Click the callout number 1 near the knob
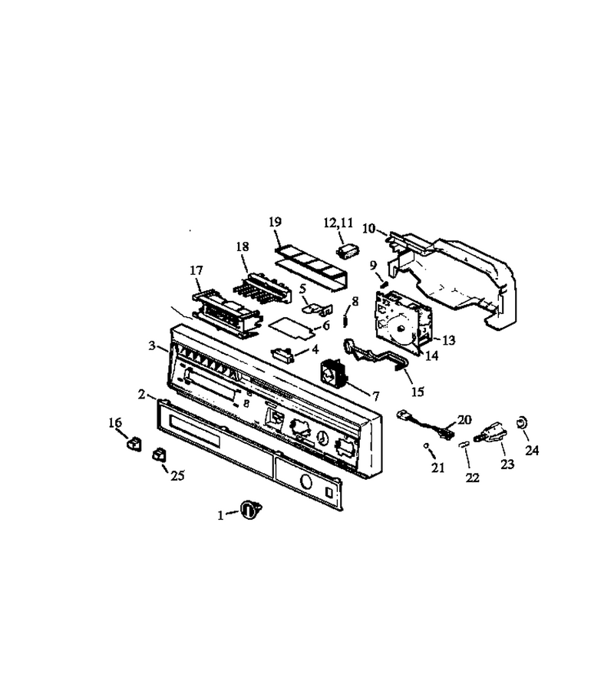(221, 515)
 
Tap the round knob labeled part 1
(251, 510)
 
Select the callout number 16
(115, 422)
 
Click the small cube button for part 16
(134, 444)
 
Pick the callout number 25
(177, 476)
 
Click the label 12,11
(338, 223)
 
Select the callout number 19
(275, 222)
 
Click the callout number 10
(368, 228)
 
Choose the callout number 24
(532, 450)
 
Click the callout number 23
(507, 464)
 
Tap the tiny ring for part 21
(426, 446)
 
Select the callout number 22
(472, 478)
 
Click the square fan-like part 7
(333, 374)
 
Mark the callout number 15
(417, 391)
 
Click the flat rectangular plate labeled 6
(292, 328)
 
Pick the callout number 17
(196, 269)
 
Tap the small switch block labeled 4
(283, 354)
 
